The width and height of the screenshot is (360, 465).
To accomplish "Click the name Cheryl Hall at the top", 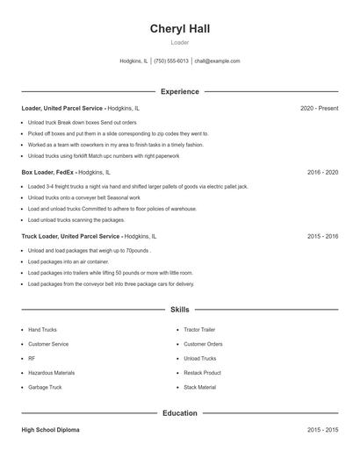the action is pos(179,28).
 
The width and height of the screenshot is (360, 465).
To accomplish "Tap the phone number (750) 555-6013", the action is pos(171,61).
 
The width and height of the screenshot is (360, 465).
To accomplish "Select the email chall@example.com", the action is pos(217,61).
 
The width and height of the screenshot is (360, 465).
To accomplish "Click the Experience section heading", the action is pos(179,91).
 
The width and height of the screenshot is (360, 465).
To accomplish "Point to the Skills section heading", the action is pos(179,310).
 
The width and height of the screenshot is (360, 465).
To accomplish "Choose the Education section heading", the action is pos(179,412).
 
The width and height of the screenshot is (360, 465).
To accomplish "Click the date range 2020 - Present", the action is pos(319,108).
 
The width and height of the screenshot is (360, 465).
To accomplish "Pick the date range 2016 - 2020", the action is pos(322,172).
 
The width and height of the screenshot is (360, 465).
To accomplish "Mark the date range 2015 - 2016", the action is pos(322,236).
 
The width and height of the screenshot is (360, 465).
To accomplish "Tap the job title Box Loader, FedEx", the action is pos(48,172).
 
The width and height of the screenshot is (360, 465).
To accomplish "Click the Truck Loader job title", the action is pos(70,236).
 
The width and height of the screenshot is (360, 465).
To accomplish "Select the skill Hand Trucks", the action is pos(42,330).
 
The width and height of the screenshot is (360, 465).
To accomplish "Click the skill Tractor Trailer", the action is pos(199,330).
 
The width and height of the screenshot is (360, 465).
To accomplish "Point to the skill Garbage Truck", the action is pos(44,387).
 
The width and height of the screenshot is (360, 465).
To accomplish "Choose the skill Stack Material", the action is pos(199,387).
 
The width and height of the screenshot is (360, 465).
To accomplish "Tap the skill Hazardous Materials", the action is pos(51,373).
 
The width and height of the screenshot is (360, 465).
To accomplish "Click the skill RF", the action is pos(32,359).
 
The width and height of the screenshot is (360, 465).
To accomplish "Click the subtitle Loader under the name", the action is pos(179,42).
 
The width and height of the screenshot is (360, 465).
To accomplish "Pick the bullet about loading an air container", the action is pos(68,261).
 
